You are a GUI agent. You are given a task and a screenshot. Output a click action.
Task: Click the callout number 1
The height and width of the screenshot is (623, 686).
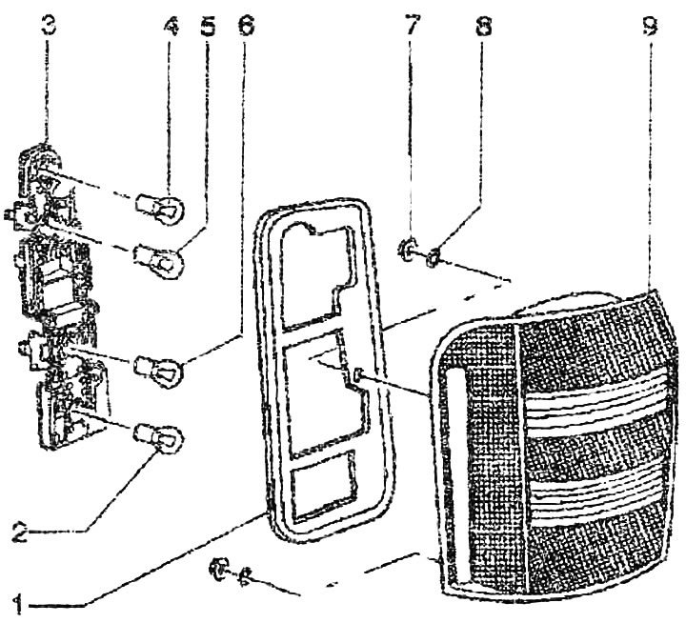coord(18,605)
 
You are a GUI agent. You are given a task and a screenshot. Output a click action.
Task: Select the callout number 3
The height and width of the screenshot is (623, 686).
coord(49,26)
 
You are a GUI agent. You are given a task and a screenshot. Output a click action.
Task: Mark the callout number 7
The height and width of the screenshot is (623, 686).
coord(413,26)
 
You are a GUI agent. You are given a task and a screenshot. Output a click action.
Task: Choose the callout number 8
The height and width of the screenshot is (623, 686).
coord(483,26)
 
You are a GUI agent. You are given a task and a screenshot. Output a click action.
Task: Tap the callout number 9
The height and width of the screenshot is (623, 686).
coord(649,26)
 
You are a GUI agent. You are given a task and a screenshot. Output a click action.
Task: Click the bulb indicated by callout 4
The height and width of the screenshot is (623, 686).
coord(160,209)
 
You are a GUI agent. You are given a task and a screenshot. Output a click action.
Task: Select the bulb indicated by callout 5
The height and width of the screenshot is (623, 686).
coord(159,260)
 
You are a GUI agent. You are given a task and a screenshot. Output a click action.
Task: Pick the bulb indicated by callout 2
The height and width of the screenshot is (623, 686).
coord(157,438)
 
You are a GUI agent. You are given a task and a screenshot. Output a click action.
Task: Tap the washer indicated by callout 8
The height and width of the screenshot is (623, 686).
coord(434,257)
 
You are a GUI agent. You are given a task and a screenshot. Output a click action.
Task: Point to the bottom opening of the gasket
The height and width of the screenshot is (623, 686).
coord(323,485)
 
